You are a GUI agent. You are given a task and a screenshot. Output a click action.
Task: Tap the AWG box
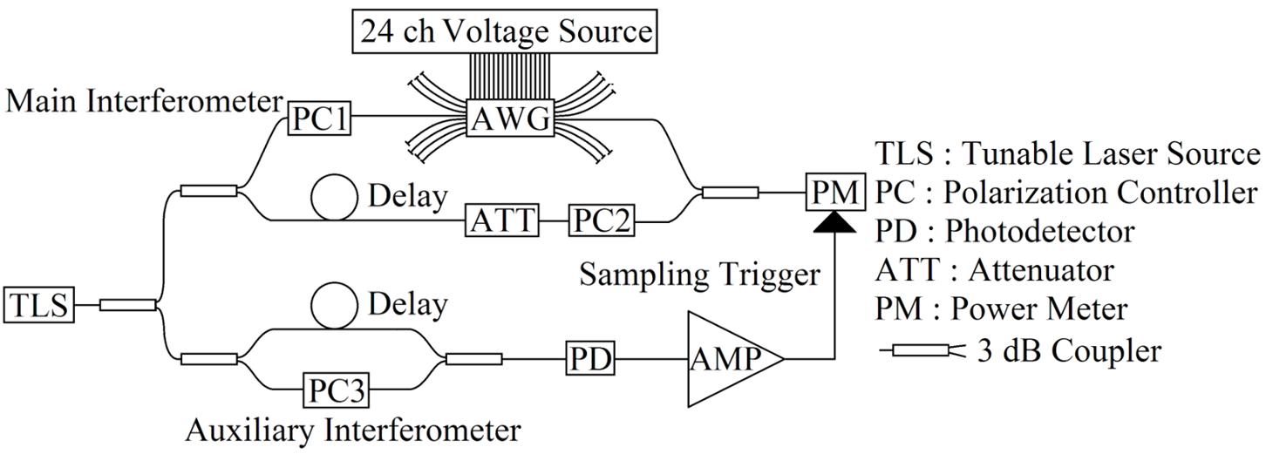(x=512, y=119)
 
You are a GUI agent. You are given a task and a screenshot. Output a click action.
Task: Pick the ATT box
(x=500, y=219)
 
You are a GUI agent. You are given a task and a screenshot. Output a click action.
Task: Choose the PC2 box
(x=602, y=219)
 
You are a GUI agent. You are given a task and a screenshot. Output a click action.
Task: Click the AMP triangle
(x=728, y=358)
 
